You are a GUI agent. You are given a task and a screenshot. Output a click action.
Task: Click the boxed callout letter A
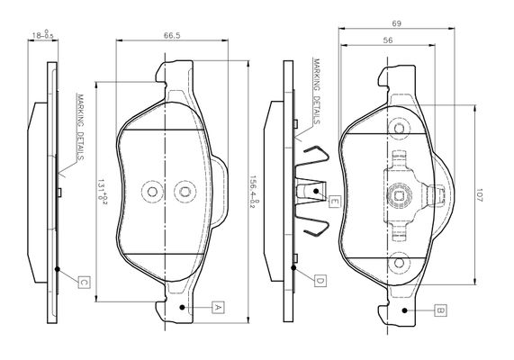(x=217, y=307)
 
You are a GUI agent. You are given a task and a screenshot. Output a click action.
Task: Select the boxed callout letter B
(x=440, y=310)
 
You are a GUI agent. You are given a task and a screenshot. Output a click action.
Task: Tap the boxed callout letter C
(x=84, y=282)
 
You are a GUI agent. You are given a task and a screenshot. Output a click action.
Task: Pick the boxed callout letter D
(x=320, y=281)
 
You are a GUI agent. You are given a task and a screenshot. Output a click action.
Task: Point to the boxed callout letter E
(x=334, y=201)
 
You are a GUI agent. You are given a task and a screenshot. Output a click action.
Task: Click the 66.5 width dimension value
(x=172, y=35)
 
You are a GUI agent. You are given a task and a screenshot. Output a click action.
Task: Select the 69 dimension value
(x=396, y=23)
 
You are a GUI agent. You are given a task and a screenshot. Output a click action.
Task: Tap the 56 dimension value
(x=388, y=40)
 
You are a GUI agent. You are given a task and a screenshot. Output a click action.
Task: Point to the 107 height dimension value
(x=479, y=194)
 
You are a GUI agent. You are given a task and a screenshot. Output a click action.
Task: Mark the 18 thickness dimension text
(x=42, y=35)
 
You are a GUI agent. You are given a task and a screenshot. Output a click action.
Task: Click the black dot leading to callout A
(x=182, y=307)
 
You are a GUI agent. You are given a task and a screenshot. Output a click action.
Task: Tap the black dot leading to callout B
(x=405, y=310)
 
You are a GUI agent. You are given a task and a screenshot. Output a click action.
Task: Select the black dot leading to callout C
(x=57, y=269)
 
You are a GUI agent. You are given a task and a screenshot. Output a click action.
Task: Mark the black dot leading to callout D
(x=293, y=268)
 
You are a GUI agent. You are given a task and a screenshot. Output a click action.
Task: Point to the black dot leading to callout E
(x=316, y=191)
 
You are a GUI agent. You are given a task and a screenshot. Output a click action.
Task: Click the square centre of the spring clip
(x=400, y=195)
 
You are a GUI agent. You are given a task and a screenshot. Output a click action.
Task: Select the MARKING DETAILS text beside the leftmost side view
(x=79, y=127)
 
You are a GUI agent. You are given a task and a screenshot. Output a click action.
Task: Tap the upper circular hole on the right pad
(x=399, y=128)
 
